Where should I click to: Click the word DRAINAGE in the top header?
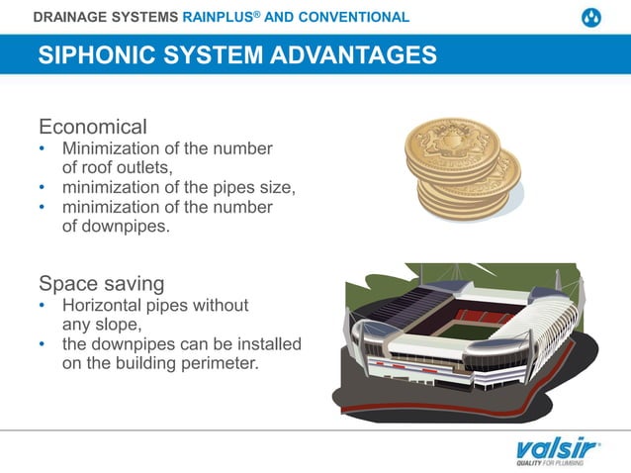click(71, 17)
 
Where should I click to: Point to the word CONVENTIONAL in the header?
click(354, 17)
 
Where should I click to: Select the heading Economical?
click(92, 127)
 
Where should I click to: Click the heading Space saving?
click(101, 283)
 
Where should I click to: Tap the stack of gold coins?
click(463, 168)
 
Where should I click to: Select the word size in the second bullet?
click(273, 186)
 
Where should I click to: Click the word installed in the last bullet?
click(267, 343)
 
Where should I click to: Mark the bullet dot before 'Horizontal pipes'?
click(42, 305)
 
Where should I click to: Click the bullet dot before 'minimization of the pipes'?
click(42, 186)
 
